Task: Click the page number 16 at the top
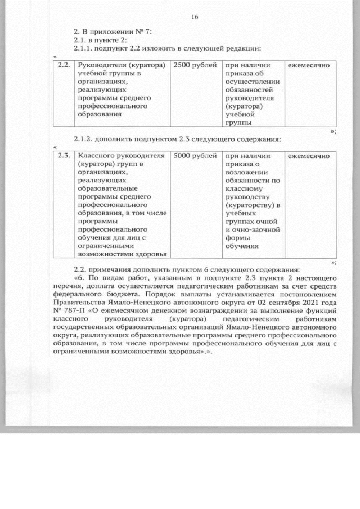[x=195, y=17]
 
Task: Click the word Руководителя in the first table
[x=101, y=66]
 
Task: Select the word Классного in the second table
[x=94, y=156]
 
